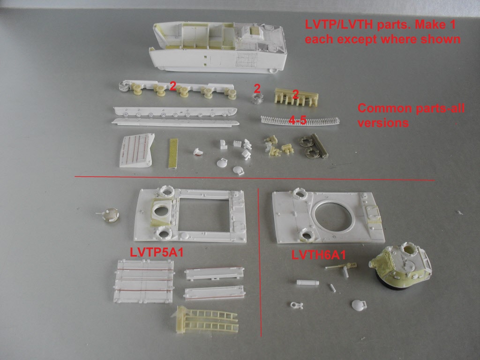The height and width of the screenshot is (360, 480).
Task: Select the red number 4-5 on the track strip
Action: (x=298, y=120)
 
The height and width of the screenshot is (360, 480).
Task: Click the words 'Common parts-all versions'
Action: (x=411, y=115)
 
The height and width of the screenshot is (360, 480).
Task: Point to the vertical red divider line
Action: (x=260, y=262)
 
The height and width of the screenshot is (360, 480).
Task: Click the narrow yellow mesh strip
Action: (x=173, y=153)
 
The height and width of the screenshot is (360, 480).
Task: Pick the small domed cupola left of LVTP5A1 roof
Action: (x=110, y=215)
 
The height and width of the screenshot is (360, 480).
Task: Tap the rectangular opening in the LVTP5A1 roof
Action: (x=204, y=215)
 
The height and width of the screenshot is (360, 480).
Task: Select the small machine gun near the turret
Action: (x=341, y=268)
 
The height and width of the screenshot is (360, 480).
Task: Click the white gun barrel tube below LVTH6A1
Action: (x=307, y=282)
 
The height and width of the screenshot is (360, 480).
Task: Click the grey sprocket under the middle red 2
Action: (x=257, y=98)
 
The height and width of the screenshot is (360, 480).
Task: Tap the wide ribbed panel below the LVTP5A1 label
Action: (x=144, y=281)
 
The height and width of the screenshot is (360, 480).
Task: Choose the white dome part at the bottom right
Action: (x=359, y=305)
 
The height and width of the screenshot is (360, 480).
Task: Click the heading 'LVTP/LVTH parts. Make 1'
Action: (x=380, y=24)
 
